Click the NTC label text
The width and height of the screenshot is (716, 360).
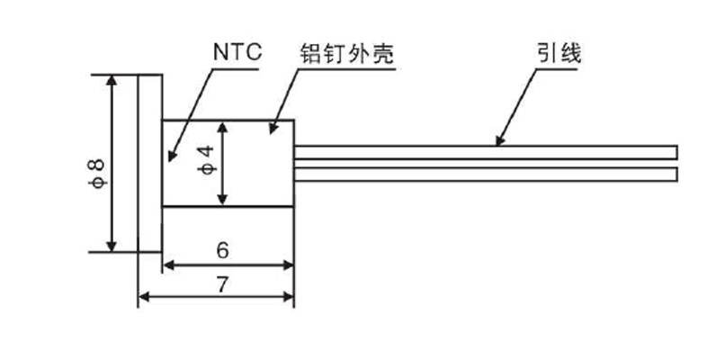[x=237, y=51]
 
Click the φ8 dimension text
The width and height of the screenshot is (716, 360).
[x=95, y=171]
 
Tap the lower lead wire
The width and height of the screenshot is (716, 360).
[x=486, y=174]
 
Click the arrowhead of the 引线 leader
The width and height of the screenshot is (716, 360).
[x=497, y=142]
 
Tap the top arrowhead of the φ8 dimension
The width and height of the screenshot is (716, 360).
[x=112, y=81]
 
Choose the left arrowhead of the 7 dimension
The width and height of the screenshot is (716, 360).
[x=142, y=297]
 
